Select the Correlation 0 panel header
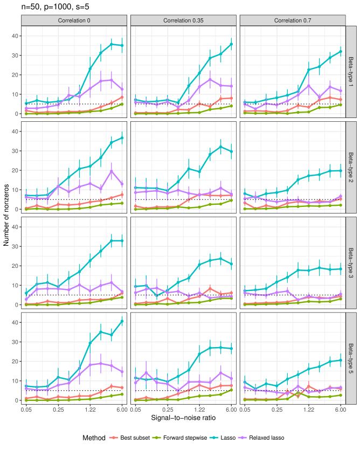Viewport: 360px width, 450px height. (75, 20)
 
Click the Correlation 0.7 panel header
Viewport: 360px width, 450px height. (292, 20)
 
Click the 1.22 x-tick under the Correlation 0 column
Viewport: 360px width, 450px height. (90, 411)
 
